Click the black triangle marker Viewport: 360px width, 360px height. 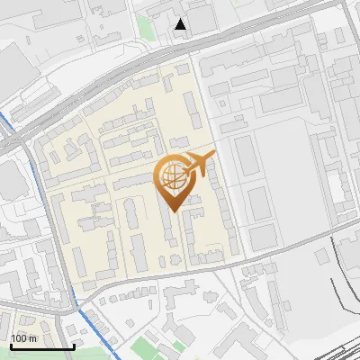pyautogui.click(x=181, y=24)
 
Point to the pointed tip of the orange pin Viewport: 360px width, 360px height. pyautogui.click(x=172, y=211)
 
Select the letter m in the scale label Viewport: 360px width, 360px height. pyautogui.click(x=33, y=338)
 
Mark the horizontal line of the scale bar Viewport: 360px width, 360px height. pyautogui.click(x=41, y=346)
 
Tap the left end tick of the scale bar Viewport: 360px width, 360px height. pyautogui.click(x=10, y=344)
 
